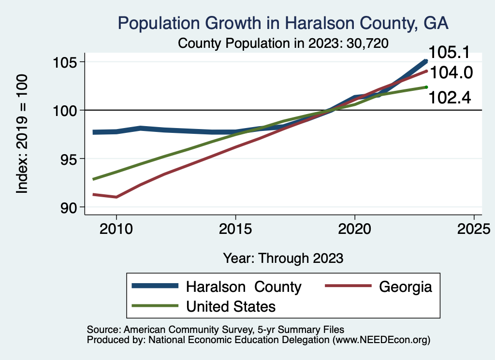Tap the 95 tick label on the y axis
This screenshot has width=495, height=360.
tap(67, 159)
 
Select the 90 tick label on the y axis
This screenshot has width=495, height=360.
tap(67, 207)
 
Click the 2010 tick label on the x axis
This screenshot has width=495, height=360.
tap(116, 228)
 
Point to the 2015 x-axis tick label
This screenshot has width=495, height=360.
tap(235, 228)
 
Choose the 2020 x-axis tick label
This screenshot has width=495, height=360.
tap(355, 228)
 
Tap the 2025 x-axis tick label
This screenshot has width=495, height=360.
tap(474, 228)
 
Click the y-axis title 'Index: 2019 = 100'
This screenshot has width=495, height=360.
tap(23, 134)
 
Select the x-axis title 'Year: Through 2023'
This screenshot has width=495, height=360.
tap(283, 258)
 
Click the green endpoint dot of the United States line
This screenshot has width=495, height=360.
tap(426, 87)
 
